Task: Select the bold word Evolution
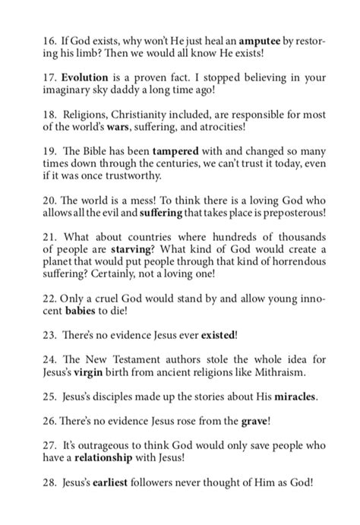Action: [x=85, y=77]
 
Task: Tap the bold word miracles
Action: [x=289, y=419]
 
